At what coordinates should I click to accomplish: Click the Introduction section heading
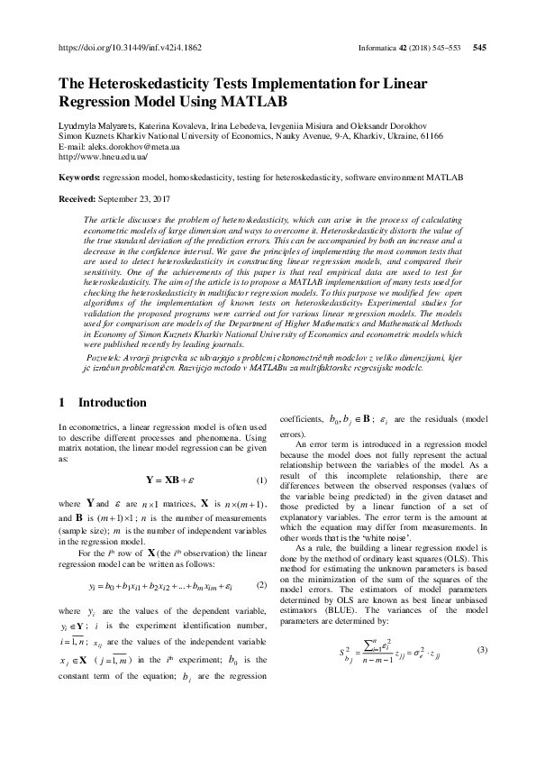click(112, 402)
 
